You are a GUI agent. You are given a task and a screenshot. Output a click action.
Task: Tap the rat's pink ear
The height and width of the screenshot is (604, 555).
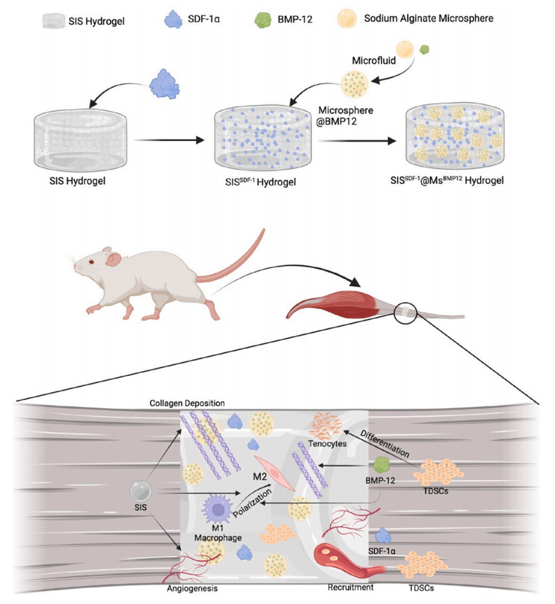(113, 258)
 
